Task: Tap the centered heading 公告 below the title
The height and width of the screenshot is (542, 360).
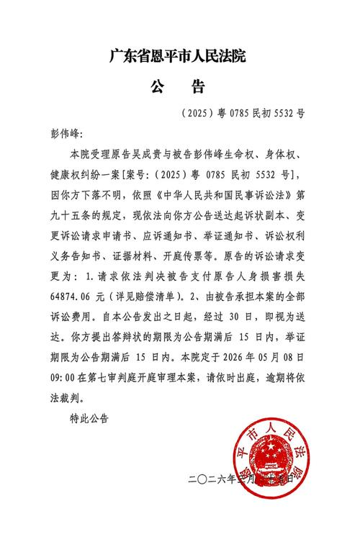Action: click(179, 87)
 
